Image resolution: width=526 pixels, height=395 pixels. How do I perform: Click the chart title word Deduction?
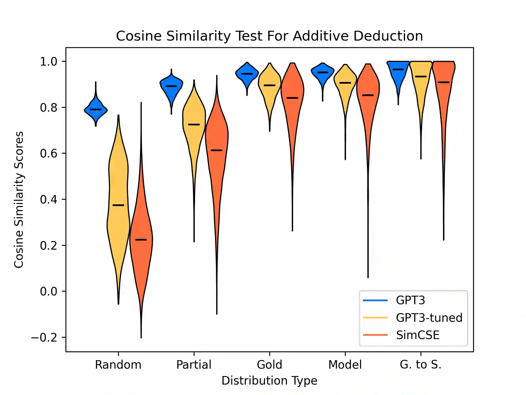click(x=388, y=36)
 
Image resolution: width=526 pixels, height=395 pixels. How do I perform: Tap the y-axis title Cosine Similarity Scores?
click(x=19, y=200)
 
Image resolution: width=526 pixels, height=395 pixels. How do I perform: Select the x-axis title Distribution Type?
click(x=269, y=381)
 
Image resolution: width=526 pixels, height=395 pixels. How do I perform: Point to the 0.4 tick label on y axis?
click(x=49, y=199)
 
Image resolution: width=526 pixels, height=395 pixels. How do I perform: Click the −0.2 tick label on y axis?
click(x=44, y=337)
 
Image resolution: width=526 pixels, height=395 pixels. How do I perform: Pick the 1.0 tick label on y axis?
click(x=49, y=62)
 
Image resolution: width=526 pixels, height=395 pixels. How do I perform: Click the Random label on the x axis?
click(x=118, y=365)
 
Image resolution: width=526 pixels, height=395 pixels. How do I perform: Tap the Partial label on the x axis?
click(x=194, y=365)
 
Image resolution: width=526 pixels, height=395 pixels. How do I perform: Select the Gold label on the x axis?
click(x=270, y=365)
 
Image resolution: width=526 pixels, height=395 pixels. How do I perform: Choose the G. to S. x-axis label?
click(x=421, y=365)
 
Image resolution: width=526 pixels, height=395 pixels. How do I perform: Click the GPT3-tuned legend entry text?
click(x=429, y=318)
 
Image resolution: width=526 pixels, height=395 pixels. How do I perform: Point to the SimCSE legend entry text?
click(x=418, y=335)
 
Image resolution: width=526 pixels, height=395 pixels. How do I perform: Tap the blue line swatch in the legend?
click(x=375, y=300)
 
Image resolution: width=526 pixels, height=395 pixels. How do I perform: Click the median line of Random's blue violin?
click(x=96, y=109)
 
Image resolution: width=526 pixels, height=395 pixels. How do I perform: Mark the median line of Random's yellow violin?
click(x=118, y=205)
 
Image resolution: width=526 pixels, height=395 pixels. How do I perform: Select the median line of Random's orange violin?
click(x=141, y=240)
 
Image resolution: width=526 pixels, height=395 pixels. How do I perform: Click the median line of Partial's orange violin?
click(x=217, y=150)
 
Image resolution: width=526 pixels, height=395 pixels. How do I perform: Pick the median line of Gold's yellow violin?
click(x=270, y=85)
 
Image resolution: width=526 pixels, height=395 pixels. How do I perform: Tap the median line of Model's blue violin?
click(x=323, y=72)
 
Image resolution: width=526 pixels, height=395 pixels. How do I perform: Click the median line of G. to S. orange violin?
click(x=444, y=82)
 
